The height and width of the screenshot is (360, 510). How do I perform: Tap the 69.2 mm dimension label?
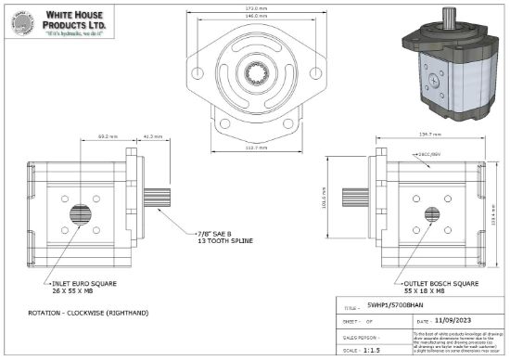click(x=105, y=135)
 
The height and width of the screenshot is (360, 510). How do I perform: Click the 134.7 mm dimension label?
click(x=427, y=135)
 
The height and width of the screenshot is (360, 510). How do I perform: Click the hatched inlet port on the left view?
click(x=81, y=215)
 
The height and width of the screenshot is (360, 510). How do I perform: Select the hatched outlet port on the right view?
click(x=430, y=215)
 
